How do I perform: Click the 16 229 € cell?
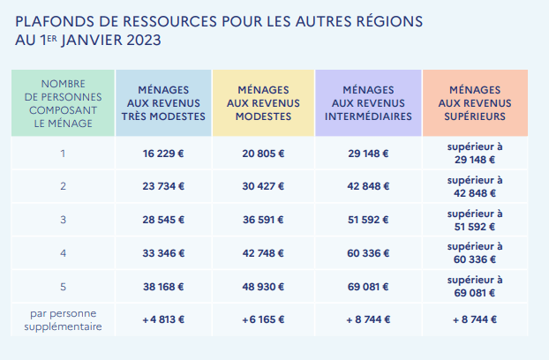click(x=163, y=154)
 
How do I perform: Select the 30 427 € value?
click(x=263, y=186)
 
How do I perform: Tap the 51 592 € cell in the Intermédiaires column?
click(x=368, y=220)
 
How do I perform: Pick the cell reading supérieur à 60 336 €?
click(x=474, y=252)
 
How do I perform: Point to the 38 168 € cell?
click(x=163, y=286)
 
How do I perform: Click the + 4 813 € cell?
click(x=163, y=320)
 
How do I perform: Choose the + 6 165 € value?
click(x=263, y=320)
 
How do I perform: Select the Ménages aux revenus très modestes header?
click(x=163, y=102)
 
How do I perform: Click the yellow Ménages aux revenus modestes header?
click(x=263, y=102)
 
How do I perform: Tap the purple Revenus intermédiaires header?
click(x=368, y=102)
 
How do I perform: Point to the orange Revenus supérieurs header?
click(x=475, y=102)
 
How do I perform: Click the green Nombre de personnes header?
click(x=63, y=102)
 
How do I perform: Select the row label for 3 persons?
click(x=63, y=220)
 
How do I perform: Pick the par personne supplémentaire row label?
click(x=63, y=320)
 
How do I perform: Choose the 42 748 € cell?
click(x=263, y=253)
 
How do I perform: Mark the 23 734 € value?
click(x=163, y=186)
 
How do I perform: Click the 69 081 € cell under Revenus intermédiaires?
click(x=368, y=286)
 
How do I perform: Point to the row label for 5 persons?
click(x=63, y=286)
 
